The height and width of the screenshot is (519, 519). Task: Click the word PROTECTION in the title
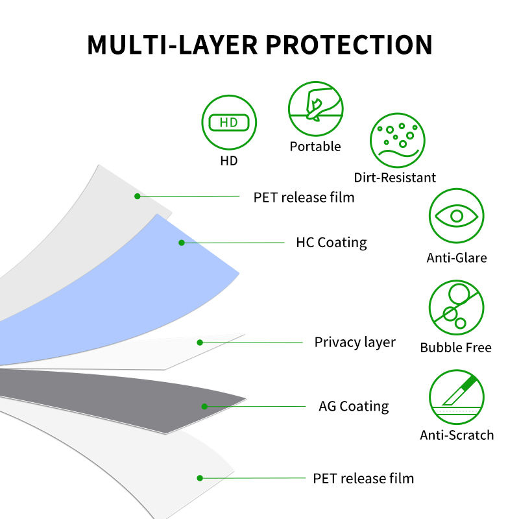coord(348,44)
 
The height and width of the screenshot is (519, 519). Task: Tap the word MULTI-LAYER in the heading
coord(171,44)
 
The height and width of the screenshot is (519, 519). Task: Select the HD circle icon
coord(229,122)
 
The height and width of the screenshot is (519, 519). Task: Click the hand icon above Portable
coord(315,108)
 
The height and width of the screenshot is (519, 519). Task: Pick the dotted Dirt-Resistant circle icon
coord(397,141)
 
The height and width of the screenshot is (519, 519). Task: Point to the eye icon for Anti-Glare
coord(457,217)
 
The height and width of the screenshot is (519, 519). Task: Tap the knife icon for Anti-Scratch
coord(457,396)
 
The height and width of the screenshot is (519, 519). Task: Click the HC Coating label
coord(331,243)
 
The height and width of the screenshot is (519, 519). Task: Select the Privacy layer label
coord(355,342)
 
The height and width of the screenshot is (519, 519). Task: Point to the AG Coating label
coord(354,407)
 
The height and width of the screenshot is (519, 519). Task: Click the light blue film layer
coord(130,285)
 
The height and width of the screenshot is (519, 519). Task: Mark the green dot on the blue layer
coord(182,243)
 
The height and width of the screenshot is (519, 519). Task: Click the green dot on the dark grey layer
coord(204,407)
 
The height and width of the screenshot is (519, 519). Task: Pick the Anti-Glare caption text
coord(457,258)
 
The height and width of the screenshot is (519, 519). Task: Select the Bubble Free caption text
coord(456,348)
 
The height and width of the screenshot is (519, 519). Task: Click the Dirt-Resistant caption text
coord(395,178)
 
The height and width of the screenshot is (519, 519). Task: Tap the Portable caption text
coord(315,147)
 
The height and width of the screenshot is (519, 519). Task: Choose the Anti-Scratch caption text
coord(457,435)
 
